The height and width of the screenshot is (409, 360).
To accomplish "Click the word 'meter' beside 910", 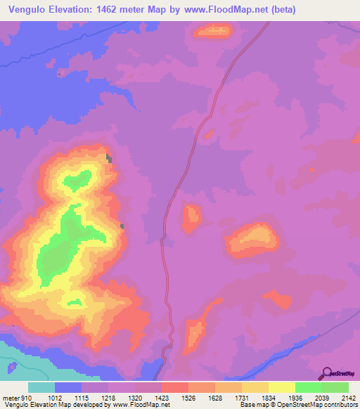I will [10, 398].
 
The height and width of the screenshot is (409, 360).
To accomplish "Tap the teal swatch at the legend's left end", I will [41, 387].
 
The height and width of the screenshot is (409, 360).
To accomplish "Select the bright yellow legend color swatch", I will [281, 387].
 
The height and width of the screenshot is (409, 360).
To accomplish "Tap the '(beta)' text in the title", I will [280, 10].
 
